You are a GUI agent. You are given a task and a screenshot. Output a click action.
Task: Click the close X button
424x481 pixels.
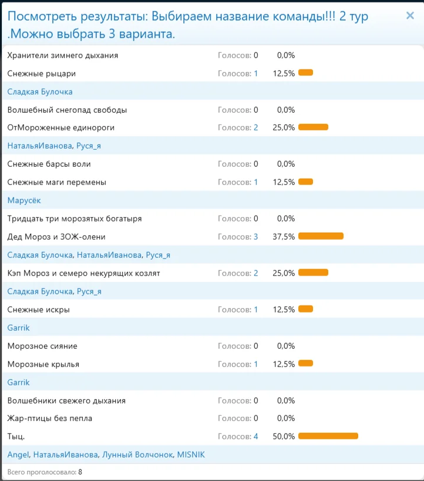pos(410,16)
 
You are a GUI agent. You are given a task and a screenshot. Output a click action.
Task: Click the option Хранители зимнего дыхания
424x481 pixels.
pos(63,55)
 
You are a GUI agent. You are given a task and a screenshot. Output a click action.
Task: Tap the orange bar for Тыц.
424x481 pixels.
pos(328,436)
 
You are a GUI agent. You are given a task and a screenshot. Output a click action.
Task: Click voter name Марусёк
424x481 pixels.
pos(24,200)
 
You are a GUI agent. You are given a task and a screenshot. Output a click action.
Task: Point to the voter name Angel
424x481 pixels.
pos(18,455)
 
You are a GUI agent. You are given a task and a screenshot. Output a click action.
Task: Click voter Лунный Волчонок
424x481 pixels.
pos(137,455)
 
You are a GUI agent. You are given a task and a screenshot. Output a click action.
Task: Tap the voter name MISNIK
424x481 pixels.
pos(191,455)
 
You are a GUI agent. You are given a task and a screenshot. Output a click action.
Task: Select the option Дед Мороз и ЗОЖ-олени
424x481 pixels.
pos(56,237)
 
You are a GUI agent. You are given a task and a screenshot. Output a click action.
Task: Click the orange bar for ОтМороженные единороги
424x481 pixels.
pos(313,127)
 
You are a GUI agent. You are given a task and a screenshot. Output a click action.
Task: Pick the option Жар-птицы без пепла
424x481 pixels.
pos(50,418)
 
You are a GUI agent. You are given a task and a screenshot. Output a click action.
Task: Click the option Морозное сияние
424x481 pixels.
pos(42,346)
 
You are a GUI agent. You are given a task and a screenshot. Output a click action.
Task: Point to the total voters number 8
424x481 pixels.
pos(80,472)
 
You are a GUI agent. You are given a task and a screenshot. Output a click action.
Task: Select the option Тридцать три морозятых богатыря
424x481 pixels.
pos(75,218)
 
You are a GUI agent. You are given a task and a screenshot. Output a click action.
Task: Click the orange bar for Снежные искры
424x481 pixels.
pos(305,310)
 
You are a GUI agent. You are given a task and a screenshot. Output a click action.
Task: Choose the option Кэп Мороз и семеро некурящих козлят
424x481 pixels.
pos(83,273)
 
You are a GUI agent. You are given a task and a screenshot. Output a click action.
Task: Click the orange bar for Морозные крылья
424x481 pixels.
pos(305,364)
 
